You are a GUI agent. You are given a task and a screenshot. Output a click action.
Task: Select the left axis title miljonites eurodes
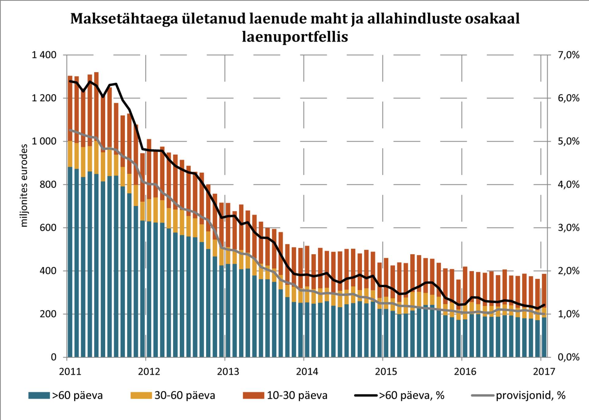[24, 185]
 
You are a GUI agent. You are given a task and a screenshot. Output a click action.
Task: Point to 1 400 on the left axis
[44, 55]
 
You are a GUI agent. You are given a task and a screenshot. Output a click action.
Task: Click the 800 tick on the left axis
[48, 185]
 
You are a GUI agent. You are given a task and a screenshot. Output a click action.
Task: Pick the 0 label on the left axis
[53, 357]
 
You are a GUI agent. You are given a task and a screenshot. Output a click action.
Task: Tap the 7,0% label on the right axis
[568, 55]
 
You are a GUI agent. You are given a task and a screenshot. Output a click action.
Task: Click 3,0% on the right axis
[568, 228]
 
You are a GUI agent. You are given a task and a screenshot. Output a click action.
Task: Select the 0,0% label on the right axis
[568, 357]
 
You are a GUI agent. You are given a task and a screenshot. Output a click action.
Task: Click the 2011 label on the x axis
[70, 372]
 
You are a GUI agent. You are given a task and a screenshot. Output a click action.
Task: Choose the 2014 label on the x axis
[307, 372]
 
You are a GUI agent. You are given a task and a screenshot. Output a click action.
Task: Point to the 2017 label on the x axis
[544, 372]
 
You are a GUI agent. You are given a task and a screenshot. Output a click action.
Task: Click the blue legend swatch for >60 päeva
[39, 395]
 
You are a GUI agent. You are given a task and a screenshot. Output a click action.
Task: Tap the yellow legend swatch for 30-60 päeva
[141, 395]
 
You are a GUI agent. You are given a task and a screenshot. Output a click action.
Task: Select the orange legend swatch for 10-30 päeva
[253, 395]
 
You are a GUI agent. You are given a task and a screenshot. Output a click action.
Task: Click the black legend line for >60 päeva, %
[366, 395]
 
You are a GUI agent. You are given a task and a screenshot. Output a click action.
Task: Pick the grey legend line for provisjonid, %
[483, 395]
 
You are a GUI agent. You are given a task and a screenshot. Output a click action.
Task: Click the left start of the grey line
[70, 130]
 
